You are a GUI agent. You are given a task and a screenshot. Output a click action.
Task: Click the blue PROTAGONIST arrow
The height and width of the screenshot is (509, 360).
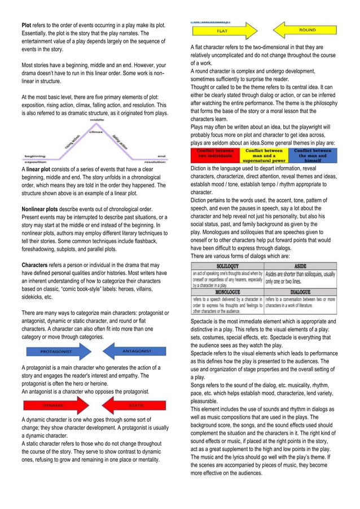pos(56,352)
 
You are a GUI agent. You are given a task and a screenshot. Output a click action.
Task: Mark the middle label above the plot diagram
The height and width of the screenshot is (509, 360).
pos(95,120)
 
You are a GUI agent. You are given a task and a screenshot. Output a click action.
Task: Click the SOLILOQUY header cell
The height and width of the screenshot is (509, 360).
pos(227,265)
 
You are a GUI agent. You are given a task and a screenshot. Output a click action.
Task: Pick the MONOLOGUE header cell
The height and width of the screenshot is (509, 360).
pos(227,292)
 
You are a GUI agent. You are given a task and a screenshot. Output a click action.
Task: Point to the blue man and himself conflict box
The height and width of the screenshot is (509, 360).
pos(312,155)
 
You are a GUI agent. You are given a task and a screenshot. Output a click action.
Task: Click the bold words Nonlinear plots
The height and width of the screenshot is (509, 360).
pos(40,209)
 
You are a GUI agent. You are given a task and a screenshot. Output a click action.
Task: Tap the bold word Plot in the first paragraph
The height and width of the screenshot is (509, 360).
pos(26,26)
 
